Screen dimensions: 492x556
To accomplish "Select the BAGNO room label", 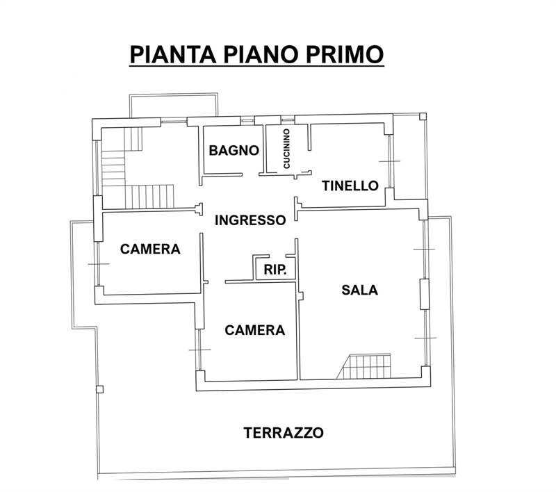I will [x=234, y=150].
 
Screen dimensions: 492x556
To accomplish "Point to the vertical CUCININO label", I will [x=286, y=149].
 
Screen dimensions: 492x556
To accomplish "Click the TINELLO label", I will [x=350, y=186].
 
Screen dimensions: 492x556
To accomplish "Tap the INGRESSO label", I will [x=250, y=220].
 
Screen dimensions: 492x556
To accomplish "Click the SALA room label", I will [x=360, y=290].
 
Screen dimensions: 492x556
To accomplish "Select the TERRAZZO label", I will [x=284, y=432].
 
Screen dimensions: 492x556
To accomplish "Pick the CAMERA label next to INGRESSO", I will [x=150, y=249].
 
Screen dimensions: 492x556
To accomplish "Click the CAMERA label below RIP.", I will [x=255, y=330].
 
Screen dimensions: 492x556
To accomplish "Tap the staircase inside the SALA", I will [x=368, y=366].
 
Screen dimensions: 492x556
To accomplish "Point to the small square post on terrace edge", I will [x=100, y=388].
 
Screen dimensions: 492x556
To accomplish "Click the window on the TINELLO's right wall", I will [x=391, y=161].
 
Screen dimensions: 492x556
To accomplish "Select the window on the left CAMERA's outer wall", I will [x=99, y=264].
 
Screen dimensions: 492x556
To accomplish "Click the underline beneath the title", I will [x=256, y=67].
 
